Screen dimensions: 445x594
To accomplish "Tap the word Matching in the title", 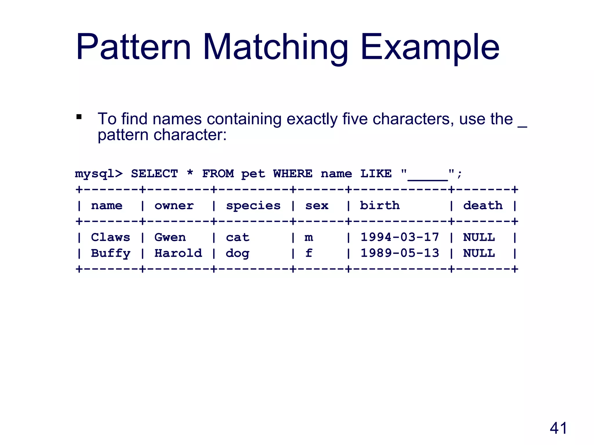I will click(x=275, y=48).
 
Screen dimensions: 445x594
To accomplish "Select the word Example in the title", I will click(x=430, y=48).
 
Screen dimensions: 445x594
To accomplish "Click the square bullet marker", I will click(x=79, y=117).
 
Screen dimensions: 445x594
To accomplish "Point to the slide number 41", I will click(x=558, y=428).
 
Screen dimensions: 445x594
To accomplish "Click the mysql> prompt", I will click(x=99, y=174).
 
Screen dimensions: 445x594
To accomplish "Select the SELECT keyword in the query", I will click(x=154, y=174).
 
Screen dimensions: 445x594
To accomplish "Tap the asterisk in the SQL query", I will click(x=190, y=173).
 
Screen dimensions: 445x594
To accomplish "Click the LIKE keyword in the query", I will click(x=376, y=174).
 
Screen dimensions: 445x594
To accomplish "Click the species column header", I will click(x=253, y=206).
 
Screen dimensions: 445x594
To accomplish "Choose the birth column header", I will click(x=380, y=205).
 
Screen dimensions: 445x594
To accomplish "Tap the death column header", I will click(x=483, y=205).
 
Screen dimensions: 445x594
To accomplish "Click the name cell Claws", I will click(x=111, y=237).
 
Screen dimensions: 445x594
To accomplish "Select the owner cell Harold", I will click(x=178, y=253).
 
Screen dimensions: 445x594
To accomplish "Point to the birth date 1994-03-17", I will click(x=400, y=237).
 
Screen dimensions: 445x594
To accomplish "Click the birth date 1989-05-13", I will click(x=400, y=253).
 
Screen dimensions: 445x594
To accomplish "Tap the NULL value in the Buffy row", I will click(x=479, y=253).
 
